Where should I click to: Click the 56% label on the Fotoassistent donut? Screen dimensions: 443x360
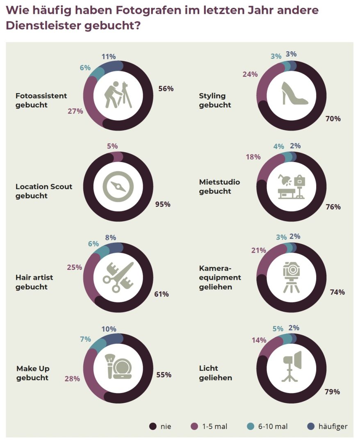[166, 89]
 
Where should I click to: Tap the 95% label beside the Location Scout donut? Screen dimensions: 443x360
[162, 204]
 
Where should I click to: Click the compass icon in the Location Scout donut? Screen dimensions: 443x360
[118, 186]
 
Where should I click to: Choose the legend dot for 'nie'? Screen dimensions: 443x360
[153, 427]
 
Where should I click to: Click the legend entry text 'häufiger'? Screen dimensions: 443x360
[333, 427]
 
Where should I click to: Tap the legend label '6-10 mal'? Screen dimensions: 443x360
[273, 427]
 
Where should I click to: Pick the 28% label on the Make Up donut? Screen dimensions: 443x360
[72, 379]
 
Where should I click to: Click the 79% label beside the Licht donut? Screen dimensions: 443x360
[332, 392]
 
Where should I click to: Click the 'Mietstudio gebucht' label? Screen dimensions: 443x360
[219, 187]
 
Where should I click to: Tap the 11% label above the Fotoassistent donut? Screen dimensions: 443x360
[109, 57]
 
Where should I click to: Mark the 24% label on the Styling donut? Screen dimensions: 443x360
[250, 74]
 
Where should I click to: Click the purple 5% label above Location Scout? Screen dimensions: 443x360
[112, 146]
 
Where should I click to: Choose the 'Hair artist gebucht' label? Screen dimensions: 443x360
[34, 282]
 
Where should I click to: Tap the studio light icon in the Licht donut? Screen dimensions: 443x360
[292, 366]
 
